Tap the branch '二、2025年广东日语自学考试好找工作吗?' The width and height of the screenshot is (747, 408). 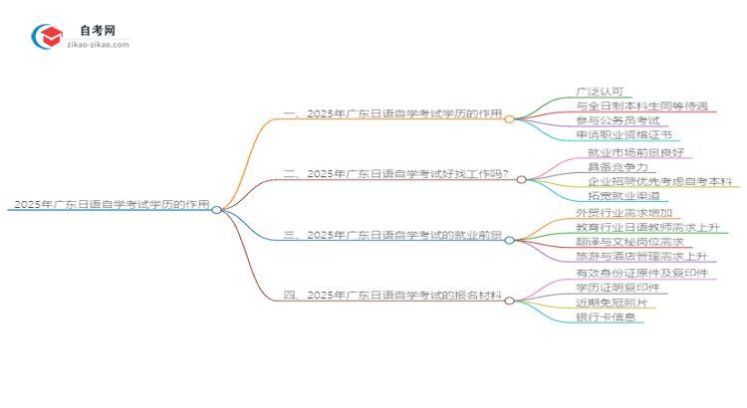tap(396, 174)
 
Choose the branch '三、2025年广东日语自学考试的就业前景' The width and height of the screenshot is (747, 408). tap(393, 236)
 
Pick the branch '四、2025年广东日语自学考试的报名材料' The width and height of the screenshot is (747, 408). tap(393, 297)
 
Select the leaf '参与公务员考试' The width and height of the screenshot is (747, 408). tap(618, 119)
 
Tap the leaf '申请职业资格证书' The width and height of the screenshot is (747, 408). tap(623, 134)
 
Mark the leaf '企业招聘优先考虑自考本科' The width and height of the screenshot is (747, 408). tap(659, 182)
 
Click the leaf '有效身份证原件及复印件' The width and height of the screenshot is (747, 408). tap(641, 273)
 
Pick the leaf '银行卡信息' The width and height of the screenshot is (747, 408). tap(606, 317)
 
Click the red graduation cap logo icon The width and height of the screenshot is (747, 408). tap(46, 37)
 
